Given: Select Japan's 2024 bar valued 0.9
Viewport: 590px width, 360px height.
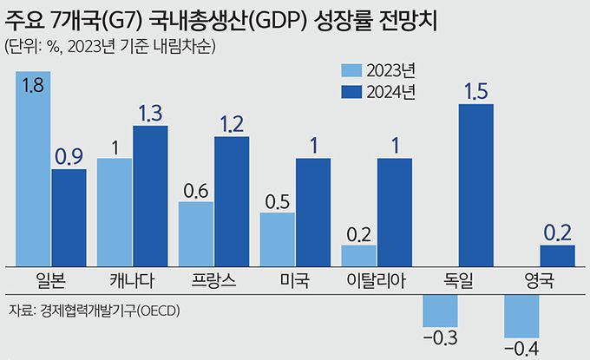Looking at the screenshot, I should point(69,217).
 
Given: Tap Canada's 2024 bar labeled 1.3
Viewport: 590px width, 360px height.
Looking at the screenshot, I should point(150,195).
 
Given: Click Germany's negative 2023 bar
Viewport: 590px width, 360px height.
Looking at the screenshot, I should point(440,310).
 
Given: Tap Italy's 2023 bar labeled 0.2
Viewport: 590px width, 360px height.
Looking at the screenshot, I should point(359,255).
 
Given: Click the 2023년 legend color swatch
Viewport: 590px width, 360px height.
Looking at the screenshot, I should point(350,70).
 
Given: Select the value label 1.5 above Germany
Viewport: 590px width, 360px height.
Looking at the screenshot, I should point(475,90).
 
